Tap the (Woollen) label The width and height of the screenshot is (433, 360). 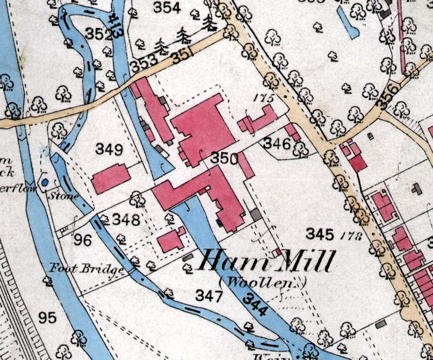263,282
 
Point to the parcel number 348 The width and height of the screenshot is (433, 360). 126,219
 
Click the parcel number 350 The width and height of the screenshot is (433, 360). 224,159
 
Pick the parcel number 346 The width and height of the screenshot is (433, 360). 277,143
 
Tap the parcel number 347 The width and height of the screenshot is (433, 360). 209,296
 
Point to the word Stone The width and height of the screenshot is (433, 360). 66,195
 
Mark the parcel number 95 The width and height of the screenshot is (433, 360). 47,317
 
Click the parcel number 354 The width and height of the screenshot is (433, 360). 166,8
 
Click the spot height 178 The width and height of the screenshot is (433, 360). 350,235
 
